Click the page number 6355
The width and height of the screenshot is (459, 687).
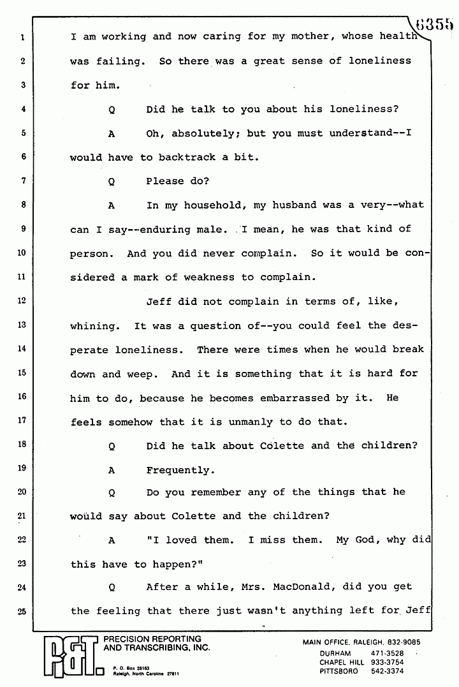click(x=436, y=24)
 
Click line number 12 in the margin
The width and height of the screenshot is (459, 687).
click(x=22, y=302)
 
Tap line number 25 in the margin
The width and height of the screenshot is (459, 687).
click(x=22, y=611)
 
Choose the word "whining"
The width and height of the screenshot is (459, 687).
click(x=92, y=325)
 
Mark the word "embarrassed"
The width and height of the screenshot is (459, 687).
click(x=293, y=397)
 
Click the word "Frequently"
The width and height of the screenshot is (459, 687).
click(x=178, y=470)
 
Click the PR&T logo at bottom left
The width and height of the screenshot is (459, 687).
click(x=68, y=656)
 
